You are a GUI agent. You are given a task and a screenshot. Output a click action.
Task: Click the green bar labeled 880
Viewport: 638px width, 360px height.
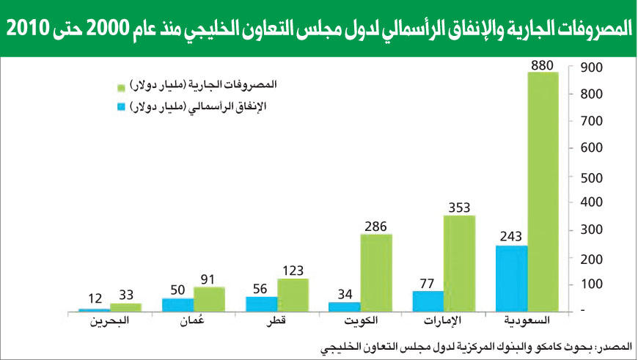click(x=543, y=191)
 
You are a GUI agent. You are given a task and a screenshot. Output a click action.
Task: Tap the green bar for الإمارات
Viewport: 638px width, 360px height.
click(x=459, y=262)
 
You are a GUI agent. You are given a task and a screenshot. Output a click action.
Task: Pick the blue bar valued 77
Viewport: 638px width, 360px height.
click(x=428, y=301)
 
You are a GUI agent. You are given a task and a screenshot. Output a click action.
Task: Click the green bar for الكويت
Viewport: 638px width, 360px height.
click(x=375, y=272)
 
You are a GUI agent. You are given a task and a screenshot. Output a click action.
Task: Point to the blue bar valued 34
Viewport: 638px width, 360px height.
click(x=344, y=306)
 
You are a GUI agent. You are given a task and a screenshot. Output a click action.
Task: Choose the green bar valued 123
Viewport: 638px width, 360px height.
click(x=293, y=294)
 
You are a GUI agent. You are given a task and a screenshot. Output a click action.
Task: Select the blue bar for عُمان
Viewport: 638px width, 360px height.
click(x=178, y=304)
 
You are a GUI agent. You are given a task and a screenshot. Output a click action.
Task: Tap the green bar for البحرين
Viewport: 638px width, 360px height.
click(x=125, y=306)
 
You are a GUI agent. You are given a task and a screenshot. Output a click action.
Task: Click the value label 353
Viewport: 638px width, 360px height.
click(x=459, y=207)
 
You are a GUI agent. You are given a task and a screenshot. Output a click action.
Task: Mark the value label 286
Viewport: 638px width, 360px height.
click(x=375, y=227)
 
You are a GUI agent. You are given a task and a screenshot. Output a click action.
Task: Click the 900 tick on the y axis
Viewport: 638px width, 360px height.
click(x=591, y=67)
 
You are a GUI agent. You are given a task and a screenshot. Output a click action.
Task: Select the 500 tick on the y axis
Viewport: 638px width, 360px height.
click(x=591, y=177)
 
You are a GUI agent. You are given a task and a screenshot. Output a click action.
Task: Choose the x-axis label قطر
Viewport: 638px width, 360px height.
click(x=276, y=322)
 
